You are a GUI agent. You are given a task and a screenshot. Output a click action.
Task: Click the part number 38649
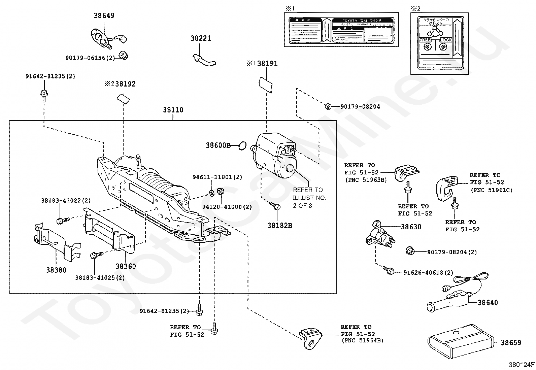click(x=104, y=15)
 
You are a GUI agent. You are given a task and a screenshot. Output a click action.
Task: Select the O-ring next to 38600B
click(x=242, y=146)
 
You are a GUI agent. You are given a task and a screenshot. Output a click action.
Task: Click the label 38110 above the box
click(x=173, y=110)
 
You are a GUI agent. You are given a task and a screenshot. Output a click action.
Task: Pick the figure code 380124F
click(x=522, y=365)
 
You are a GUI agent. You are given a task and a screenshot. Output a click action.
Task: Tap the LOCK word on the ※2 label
click(x=446, y=40)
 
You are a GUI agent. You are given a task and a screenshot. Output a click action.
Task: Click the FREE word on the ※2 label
click(x=425, y=40)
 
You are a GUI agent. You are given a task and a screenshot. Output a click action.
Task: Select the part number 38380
click(x=56, y=270)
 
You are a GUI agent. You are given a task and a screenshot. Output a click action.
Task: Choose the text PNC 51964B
click(x=362, y=341)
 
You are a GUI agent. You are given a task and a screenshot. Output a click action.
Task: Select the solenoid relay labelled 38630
click(x=379, y=235)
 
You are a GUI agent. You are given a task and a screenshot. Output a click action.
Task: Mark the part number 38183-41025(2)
click(x=100, y=278)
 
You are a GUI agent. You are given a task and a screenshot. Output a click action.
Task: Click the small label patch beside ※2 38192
click(x=124, y=98)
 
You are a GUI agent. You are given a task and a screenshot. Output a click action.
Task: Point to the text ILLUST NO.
click(x=309, y=198)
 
